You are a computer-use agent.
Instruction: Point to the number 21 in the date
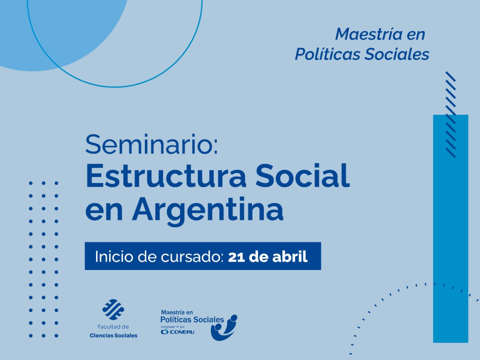pyautogui.click(x=236, y=256)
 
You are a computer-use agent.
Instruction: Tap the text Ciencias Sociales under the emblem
pyautogui.click(x=113, y=335)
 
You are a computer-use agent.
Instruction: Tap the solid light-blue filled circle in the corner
pyautogui.click(x=24, y=32)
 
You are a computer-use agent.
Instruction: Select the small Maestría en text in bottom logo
pyautogui.click(x=177, y=312)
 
